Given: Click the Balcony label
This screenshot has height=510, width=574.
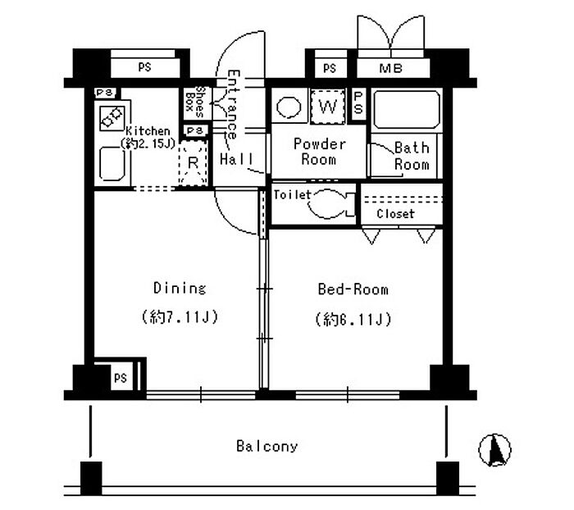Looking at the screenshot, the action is click(x=266, y=446).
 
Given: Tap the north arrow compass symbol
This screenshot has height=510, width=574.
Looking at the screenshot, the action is click(x=494, y=450).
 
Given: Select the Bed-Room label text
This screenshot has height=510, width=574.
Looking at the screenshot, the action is click(x=353, y=289).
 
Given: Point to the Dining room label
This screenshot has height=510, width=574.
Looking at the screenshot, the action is click(x=180, y=288).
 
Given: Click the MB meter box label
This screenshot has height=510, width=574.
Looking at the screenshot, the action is click(x=391, y=68).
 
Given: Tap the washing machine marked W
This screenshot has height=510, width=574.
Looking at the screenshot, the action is click(x=328, y=107).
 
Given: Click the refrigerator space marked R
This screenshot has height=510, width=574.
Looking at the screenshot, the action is click(x=193, y=163).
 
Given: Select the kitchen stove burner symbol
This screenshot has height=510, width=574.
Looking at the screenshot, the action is click(x=112, y=118).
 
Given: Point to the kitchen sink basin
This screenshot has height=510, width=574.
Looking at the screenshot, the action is click(x=112, y=164).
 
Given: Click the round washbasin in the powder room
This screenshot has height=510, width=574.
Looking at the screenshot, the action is click(x=289, y=107).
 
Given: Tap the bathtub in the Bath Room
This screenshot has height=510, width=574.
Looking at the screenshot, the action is click(x=407, y=109).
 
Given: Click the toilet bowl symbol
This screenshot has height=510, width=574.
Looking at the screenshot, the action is click(x=328, y=204).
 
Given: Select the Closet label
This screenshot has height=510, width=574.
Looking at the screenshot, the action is click(x=395, y=213).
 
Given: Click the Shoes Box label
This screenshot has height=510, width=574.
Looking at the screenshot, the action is click(x=195, y=102).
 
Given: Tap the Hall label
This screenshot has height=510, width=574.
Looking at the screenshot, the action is click(x=236, y=159).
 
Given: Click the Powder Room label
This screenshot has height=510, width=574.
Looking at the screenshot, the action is click(x=319, y=152).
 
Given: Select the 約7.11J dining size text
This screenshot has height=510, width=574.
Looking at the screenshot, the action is click(x=180, y=316).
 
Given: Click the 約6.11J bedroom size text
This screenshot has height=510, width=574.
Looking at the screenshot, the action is click(x=353, y=320).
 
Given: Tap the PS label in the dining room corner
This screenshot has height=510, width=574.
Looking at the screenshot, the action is click(x=121, y=378).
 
